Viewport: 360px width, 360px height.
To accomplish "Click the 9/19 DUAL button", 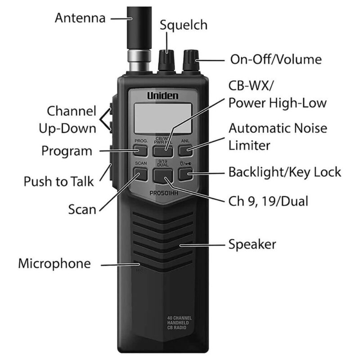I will [x=162, y=175].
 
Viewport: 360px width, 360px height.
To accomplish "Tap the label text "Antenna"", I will [x=80, y=18].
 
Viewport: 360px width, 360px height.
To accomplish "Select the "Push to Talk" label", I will [x=58, y=182].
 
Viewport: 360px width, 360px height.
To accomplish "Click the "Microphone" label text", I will [x=54, y=264].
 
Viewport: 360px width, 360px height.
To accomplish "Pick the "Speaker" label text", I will [x=252, y=244].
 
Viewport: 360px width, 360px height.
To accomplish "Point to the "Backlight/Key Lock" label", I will [x=284, y=172].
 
